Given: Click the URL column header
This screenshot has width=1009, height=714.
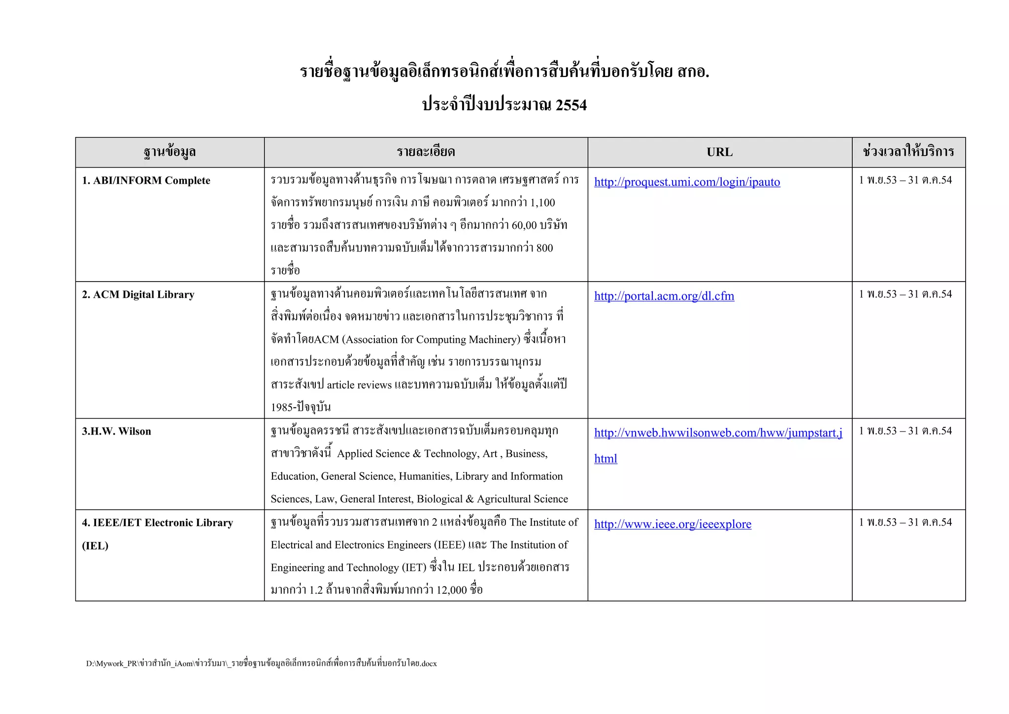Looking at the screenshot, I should tap(719, 152).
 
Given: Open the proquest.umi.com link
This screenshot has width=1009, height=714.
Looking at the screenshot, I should tap(687, 182).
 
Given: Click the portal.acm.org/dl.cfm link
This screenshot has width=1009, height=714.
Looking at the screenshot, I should tap(664, 296).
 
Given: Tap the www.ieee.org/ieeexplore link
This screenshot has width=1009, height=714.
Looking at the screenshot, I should tap(673, 524).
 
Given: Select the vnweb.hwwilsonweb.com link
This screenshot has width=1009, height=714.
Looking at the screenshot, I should tap(718, 433).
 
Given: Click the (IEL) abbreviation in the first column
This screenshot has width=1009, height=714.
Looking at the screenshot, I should tap(95, 545).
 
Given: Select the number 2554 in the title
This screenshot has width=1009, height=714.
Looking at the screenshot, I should tap(571, 105).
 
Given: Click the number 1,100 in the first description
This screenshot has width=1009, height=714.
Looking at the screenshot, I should tap(542, 203).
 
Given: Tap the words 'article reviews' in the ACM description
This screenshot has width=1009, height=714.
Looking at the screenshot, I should tap(359, 385).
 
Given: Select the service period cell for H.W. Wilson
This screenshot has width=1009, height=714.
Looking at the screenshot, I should tap(905, 431).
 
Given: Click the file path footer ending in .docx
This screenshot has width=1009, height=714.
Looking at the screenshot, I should tap(261, 663).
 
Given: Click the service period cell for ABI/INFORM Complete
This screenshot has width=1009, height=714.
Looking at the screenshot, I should tap(905, 180).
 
